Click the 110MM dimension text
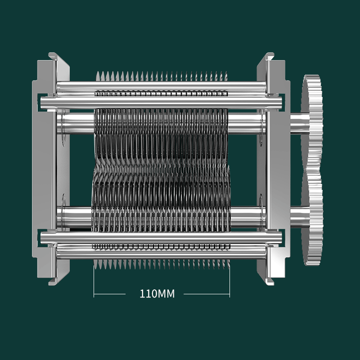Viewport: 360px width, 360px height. (x=157, y=294)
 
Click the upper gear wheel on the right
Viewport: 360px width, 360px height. (x=312, y=121)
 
